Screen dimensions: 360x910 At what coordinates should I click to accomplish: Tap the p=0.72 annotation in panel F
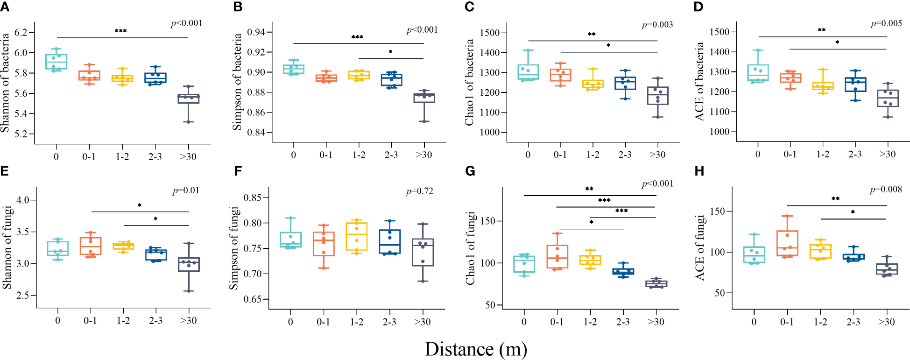[419, 191]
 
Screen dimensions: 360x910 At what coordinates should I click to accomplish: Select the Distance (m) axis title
[475, 349]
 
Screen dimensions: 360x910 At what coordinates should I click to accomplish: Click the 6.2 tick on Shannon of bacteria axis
[21, 32]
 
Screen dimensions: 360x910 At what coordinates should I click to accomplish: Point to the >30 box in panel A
[188, 99]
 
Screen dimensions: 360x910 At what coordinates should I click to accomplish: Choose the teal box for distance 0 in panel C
[528, 72]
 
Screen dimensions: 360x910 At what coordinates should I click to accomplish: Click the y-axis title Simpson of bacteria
[237, 82]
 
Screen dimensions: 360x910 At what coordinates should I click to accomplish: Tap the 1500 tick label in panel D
[720, 32]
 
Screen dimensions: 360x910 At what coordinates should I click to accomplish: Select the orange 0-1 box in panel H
[787, 243]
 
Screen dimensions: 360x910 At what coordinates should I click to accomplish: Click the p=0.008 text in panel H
[886, 189]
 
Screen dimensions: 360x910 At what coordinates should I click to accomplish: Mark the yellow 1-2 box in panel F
[357, 236]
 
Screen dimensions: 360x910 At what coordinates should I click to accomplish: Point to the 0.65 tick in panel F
[253, 299]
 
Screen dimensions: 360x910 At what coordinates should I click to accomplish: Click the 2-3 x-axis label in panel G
[623, 321]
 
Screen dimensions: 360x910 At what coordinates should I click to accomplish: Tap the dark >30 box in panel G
[656, 283]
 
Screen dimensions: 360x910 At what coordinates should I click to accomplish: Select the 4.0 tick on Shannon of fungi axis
[23, 200]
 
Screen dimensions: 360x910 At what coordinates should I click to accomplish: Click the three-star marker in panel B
[357, 37]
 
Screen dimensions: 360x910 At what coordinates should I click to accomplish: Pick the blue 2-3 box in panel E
[156, 255]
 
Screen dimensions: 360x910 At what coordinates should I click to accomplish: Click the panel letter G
[470, 171]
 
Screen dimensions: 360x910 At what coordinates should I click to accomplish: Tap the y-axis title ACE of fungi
[699, 247]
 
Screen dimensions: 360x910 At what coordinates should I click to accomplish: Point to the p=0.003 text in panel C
[657, 25]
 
